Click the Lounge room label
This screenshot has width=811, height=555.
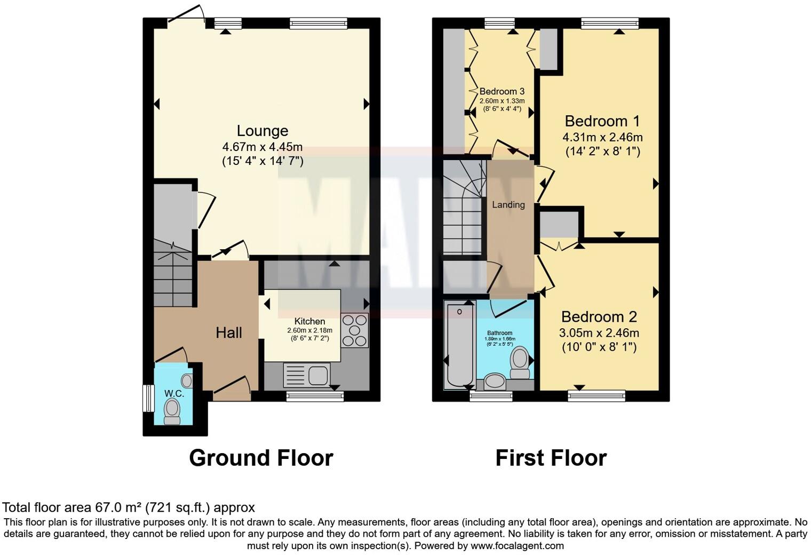click(262, 131)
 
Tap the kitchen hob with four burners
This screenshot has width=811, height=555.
click(355, 330)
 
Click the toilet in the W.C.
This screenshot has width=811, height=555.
click(172, 411)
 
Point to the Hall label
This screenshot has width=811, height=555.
click(229, 333)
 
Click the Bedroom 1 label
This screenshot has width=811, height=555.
click(602, 121)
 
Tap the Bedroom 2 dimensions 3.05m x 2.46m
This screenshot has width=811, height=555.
click(599, 334)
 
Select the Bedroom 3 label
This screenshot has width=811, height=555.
click(502, 91)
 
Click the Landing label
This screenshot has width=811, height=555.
click(508, 204)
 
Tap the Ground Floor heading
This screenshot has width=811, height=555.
click(261, 458)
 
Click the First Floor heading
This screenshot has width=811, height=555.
click(551, 458)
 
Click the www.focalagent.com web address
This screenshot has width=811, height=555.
click(517, 546)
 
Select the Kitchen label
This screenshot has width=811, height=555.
click(309, 321)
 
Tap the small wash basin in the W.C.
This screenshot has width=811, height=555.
click(187, 380)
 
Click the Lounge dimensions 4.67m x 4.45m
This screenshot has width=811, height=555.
click(262, 147)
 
